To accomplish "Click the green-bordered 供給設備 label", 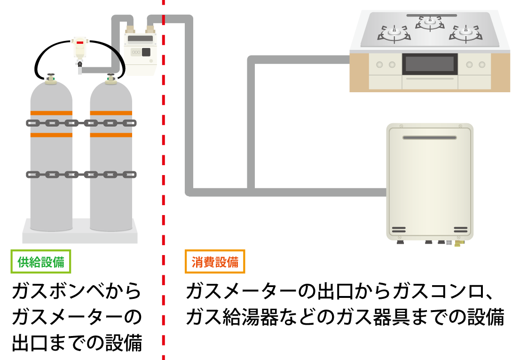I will click(41, 262).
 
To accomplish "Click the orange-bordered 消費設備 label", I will click(215, 262).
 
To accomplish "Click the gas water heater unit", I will click(429, 181).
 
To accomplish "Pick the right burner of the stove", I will click(465, 33).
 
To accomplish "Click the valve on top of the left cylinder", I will click(51, 78).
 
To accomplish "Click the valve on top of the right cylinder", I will click(111, 78).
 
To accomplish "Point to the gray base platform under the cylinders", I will click(80, 234).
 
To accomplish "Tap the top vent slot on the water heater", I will click(429, 137).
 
